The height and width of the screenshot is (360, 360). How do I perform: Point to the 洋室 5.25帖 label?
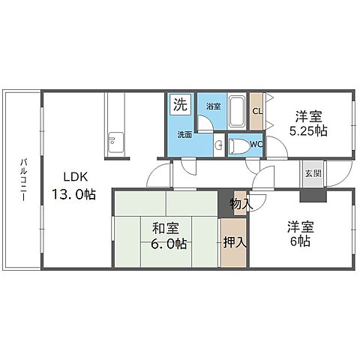(x=309, y=122)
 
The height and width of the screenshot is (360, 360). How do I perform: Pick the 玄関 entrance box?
(x=312, y=173)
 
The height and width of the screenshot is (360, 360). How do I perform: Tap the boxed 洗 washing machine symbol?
(x=179, y=105)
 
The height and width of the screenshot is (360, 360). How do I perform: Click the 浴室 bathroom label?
(x=213, y=106)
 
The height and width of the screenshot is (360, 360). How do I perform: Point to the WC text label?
(x=256, y=144)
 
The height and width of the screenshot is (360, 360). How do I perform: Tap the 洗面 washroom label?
(x=184, y=135)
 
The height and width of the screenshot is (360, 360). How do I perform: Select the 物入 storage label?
(x=240, y=203)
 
